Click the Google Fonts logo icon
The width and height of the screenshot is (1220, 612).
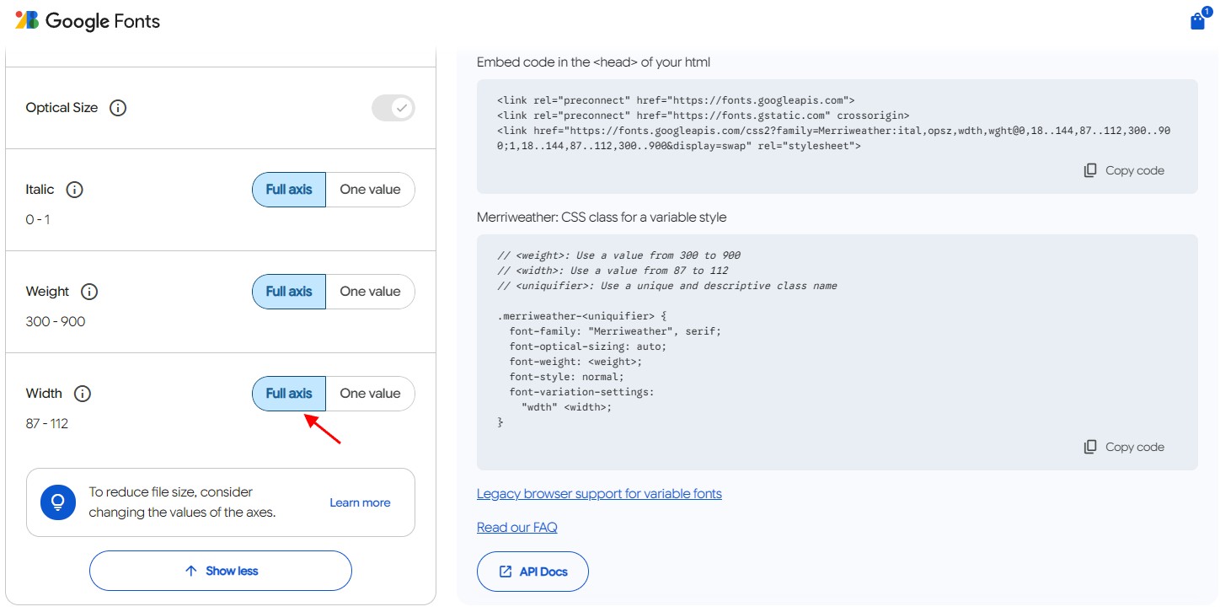(27, 20)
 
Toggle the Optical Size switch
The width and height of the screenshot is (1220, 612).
(393, 108)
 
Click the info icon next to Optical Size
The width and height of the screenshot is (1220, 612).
(118, 108)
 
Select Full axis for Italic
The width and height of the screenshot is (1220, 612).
(289, 190)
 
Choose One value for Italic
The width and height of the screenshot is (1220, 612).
(371, 190)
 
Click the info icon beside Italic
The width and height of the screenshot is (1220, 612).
(75, 190)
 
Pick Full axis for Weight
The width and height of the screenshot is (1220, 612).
(289, 292)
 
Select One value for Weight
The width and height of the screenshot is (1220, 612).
(371, 292)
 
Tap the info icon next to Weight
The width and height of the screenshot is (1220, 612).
(89, 292)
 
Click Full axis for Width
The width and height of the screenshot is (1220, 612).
(289, 394)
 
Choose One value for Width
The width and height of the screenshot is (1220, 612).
(371, 394)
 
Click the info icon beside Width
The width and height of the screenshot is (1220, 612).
(83, 394)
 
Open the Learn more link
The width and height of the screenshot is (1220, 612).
(360, 502)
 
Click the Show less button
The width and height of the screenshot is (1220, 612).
(221, 571)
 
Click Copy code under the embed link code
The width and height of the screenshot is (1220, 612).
(1124, 170)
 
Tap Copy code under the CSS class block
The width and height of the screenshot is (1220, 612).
(1124, 447)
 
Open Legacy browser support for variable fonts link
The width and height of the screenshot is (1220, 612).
(599, 494)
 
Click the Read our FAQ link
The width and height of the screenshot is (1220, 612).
(516, 528)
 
